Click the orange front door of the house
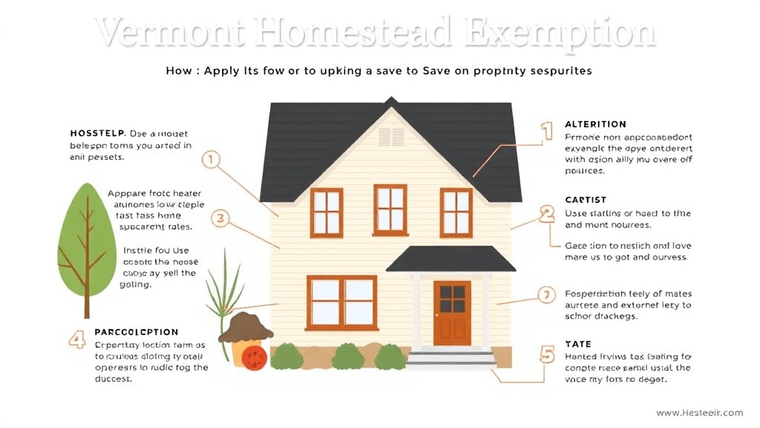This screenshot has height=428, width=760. click(452, 312)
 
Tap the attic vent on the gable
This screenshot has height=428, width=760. click(391, 137)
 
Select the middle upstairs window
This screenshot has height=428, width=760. click(390, 210)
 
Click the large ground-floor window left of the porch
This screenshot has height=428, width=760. click(341, 302)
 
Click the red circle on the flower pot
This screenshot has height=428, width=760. click(255, 359)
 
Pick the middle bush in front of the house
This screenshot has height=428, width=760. click(347, 357)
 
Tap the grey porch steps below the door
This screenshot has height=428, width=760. click(451, 360)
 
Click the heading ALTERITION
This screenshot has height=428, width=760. click(595, 124)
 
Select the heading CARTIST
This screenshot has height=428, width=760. click(586, 200)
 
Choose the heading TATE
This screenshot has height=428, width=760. click(577, 344)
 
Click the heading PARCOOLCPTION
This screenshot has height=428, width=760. click(137, 332)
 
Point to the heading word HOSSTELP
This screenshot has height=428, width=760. click(96, 133)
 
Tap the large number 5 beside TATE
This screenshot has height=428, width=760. click(547, 354)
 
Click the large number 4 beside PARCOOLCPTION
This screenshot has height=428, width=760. click(76, 340)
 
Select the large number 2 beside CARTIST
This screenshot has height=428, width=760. click(547, 215)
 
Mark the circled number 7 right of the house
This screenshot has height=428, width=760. click(547, 296)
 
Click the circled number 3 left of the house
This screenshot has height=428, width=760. click(220, 218)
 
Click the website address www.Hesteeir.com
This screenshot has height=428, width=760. click(699, 413)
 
